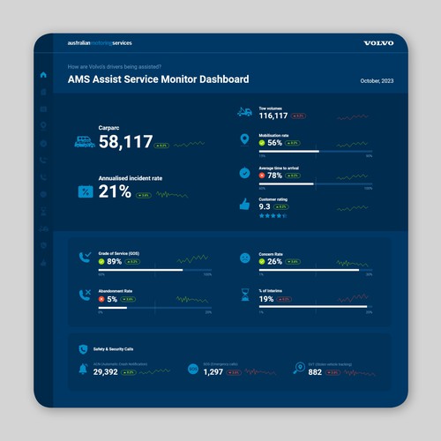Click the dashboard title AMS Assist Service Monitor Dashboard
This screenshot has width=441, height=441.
click(x=158, y=78)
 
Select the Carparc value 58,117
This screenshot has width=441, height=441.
click(x=125, y=141)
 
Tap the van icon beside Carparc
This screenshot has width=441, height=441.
click(x=85, y=140)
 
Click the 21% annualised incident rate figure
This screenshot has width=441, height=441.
click(x=115, y=192)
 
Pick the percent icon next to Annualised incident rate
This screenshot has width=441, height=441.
click(x=86, y=191)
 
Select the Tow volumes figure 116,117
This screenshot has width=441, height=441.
click(x=273, y=116)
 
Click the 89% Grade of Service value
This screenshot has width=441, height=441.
click(x=114, y=261)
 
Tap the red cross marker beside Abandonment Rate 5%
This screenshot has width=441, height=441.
click(x=102, y=299)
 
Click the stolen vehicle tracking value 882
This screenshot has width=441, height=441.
click(x=315, y=372)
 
